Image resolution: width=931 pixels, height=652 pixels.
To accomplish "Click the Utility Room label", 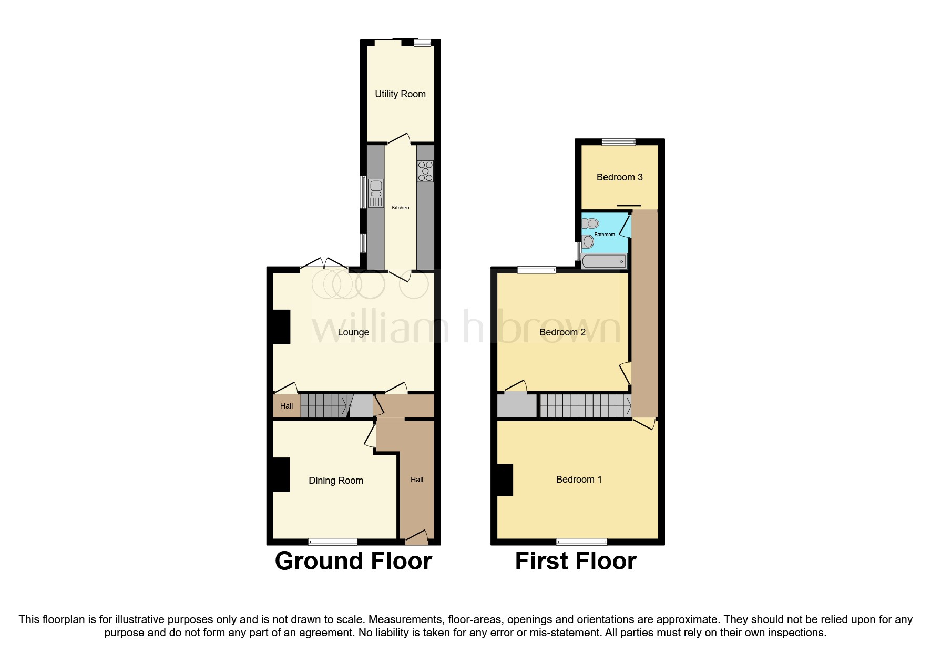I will (400, 94).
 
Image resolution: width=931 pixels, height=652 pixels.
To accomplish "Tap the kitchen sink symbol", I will (375, 193).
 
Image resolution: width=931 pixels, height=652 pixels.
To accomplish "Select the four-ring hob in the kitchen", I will (425, 171).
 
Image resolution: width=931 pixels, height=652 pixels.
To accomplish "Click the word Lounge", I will (353, 332).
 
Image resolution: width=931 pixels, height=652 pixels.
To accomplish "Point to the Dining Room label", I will (336, 481).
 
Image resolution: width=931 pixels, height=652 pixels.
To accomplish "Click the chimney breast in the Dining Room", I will (281, 475).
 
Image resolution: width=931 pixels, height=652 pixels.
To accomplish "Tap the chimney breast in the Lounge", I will (281, 327).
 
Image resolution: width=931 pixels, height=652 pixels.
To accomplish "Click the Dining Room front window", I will (332, 542).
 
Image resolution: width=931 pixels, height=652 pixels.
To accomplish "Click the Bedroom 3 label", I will (619, 177).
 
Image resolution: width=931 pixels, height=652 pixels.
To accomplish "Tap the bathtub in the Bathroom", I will (605, 261).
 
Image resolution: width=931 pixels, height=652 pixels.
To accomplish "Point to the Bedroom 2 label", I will (562, 332).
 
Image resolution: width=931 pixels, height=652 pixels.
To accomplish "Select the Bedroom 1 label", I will (579, 480).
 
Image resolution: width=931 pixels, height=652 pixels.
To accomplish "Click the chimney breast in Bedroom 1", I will (505, 480).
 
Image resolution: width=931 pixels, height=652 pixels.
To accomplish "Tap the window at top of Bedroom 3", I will (618, 141).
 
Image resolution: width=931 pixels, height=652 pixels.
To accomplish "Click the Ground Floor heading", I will (353, 561).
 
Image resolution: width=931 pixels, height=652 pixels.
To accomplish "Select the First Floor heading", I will (576, 561).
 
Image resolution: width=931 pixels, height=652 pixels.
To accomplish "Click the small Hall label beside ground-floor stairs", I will (287, 406).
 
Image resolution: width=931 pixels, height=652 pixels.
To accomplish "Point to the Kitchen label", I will (400, 208).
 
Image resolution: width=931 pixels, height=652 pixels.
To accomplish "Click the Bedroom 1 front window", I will (581, 542).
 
